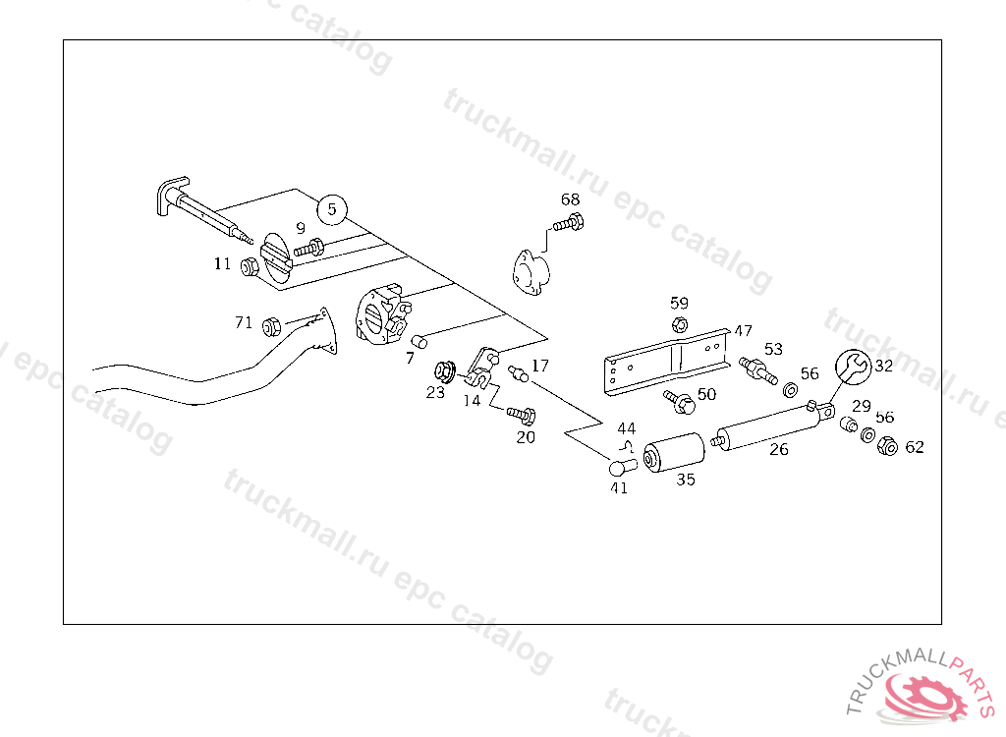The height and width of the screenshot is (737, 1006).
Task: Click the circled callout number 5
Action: pos(332,208)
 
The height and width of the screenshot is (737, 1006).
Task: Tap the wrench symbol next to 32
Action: pos(852,367)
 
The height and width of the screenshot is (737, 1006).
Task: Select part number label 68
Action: pos(571,199)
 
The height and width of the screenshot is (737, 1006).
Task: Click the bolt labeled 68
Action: pos(568,224)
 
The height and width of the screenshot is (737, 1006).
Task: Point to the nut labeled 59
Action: pos(679,325)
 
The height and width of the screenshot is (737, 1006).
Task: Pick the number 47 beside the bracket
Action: pos(743,331)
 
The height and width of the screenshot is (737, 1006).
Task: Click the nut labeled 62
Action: pos(885,447)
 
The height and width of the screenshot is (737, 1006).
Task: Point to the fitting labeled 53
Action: pos(758,370)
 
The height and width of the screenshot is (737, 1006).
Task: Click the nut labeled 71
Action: pos(274,324)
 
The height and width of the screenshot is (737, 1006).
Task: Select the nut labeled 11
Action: pos(250,266)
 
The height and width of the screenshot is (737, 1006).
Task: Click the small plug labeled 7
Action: pos(419,342)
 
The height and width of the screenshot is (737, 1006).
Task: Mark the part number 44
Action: pos(627,428)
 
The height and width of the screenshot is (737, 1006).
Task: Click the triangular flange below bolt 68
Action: pos(531,270)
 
